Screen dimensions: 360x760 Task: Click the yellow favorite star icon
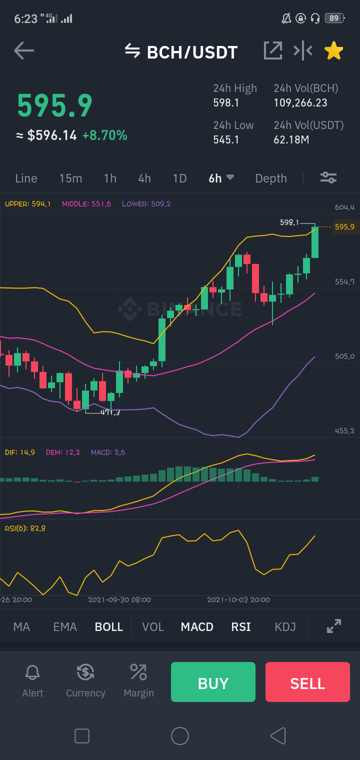coord(334,51)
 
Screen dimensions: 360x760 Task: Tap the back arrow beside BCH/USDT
coord(24,50)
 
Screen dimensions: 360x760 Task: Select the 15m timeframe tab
coord(70,178)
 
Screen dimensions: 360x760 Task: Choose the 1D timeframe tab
coord(180,178)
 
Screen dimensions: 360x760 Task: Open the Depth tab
coord(271,178)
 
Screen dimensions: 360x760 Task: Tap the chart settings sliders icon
coord(328,177)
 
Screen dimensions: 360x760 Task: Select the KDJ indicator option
coord(285,626)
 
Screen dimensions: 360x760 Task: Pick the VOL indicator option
coord(153,626)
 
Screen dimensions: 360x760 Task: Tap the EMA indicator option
coord(65,626)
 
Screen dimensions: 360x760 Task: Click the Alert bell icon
coord(32,672)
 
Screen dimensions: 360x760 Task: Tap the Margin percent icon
coord(138,672)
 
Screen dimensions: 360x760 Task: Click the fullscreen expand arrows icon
coord(334,626)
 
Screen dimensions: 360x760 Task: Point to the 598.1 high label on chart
coord(289,222)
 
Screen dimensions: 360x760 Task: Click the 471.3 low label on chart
coord(110,412)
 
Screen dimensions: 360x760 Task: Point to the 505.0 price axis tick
coord(344,356)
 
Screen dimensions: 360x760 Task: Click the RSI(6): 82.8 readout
coord(25,528)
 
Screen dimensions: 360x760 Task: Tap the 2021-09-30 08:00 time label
coord(119,599)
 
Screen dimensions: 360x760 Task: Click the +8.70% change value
coord(104,135)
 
